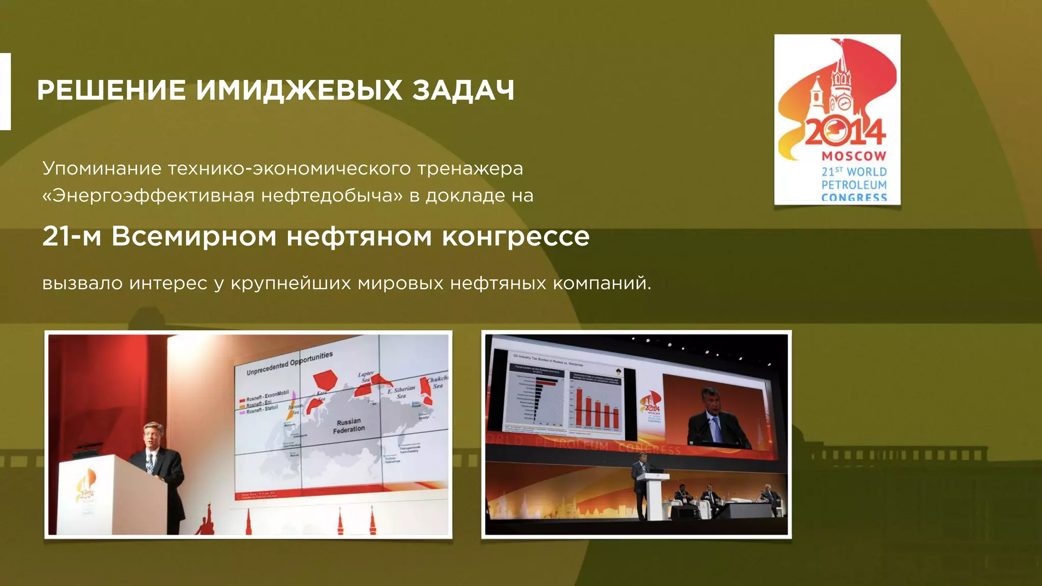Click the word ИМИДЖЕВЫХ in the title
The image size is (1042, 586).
299,90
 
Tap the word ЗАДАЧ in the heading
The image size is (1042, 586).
463,90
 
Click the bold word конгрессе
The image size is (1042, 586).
515,237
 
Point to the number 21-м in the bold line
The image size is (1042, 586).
72,237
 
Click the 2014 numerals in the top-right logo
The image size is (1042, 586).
845,132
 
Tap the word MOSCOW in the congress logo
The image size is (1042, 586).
854,156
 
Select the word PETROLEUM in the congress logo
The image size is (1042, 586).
854,185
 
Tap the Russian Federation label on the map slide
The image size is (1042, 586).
349,425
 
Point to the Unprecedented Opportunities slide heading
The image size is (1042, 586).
290,363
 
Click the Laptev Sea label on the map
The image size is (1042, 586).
366,377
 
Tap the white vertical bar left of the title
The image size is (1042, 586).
5,91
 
